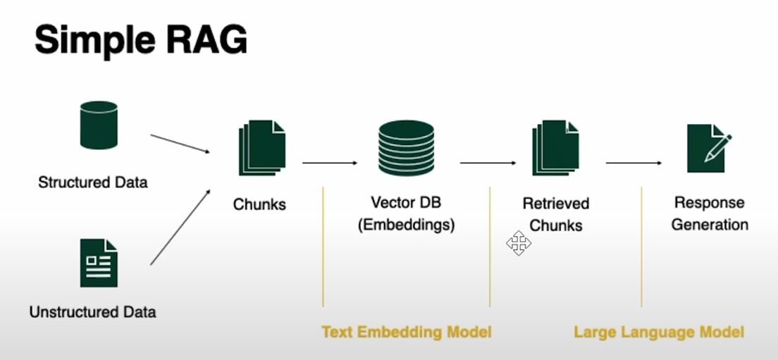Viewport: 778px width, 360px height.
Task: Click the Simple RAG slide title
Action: pyautogui.click(x=140, y=40)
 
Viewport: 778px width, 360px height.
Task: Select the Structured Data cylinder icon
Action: pyautogui.click(x=99, y=125)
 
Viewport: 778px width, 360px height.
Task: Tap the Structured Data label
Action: pyautogui.click(x=93, y=182)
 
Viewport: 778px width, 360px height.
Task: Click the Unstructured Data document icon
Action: pyautogui.click(x=99, y=263)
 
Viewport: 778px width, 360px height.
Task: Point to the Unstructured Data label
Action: pyautogui.click(x=93, y=312)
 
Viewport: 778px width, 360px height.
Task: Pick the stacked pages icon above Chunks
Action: pyautogui.click(x=262, y=148)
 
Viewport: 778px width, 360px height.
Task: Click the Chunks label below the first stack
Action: pyautogui.click(x=259, y=204)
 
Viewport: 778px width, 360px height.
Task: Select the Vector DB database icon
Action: pyautogui.click(x=406, y=148)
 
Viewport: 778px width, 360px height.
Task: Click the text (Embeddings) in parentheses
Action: pyautogui.click(x=407, y=225)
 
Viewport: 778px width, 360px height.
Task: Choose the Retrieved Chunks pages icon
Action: pyautogui.click(x=556, y=148)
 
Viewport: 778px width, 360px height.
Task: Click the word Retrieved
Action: pyautogui.click(x=556, y=204)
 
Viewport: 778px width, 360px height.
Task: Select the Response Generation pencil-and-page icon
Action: pyautogui.click(x=709, y=148)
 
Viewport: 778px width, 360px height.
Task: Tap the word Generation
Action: pyautogui.click(x=710, y=225)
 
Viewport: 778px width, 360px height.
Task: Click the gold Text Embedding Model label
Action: pyautogui.click(x=407, y=332)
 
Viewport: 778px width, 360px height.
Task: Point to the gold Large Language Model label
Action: pyautogui.click(x=659, y=332)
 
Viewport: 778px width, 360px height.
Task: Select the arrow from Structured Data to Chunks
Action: pyautogui.click(x=180, y=143)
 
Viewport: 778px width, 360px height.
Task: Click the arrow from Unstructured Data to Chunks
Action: pyautogui.click(x=180, y=227)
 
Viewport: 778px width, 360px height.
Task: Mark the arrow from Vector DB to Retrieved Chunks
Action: pyautogui.click(x=488, y=163)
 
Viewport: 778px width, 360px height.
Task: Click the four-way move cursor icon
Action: pyautogui.click(x=519, y=243)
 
